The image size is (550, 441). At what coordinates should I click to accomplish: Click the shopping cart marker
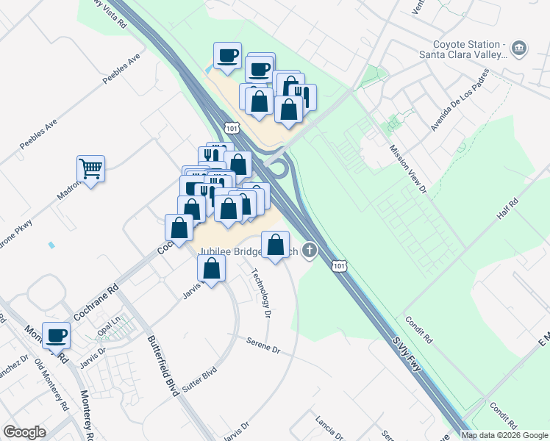90,168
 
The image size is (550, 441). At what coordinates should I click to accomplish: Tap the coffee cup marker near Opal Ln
56,335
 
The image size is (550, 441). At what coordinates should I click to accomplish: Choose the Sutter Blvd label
199,378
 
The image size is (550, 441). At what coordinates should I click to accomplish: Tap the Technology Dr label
261,293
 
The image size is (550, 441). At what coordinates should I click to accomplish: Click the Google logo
24,432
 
